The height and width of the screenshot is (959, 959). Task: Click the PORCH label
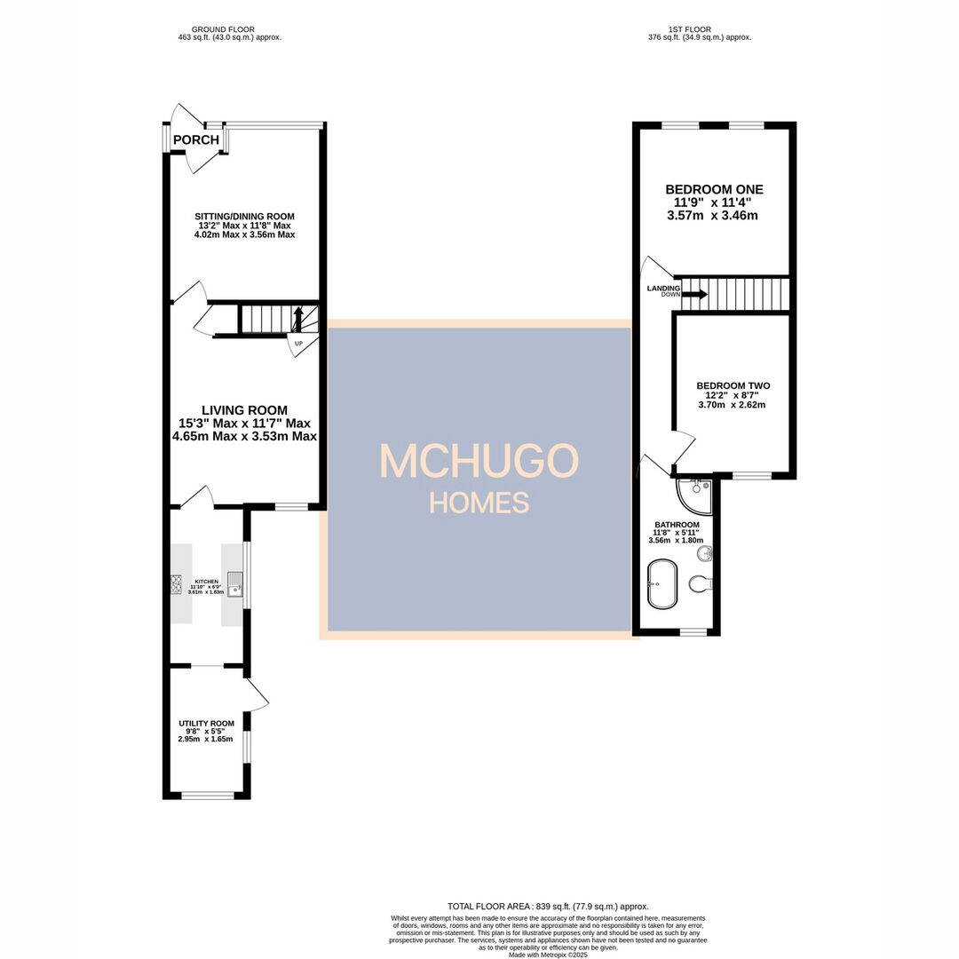[195, 140]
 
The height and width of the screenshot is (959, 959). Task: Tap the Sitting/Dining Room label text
[245, 217]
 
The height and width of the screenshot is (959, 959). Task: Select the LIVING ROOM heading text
[244, 410]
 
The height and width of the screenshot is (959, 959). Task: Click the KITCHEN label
[206, 582]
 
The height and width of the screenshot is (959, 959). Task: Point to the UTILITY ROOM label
[206, 724]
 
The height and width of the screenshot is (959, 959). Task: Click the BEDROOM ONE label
[714, 190]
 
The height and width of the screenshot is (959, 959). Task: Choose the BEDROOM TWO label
[733, 386]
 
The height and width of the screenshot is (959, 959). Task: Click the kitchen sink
[234, 584]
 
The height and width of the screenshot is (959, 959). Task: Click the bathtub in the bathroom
[662, 583]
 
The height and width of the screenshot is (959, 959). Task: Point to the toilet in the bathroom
[701, 583]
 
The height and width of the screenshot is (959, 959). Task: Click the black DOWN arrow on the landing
[696, 294]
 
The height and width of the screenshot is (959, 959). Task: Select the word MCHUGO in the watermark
[479, 461]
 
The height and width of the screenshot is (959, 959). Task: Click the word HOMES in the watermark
[479, 503]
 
